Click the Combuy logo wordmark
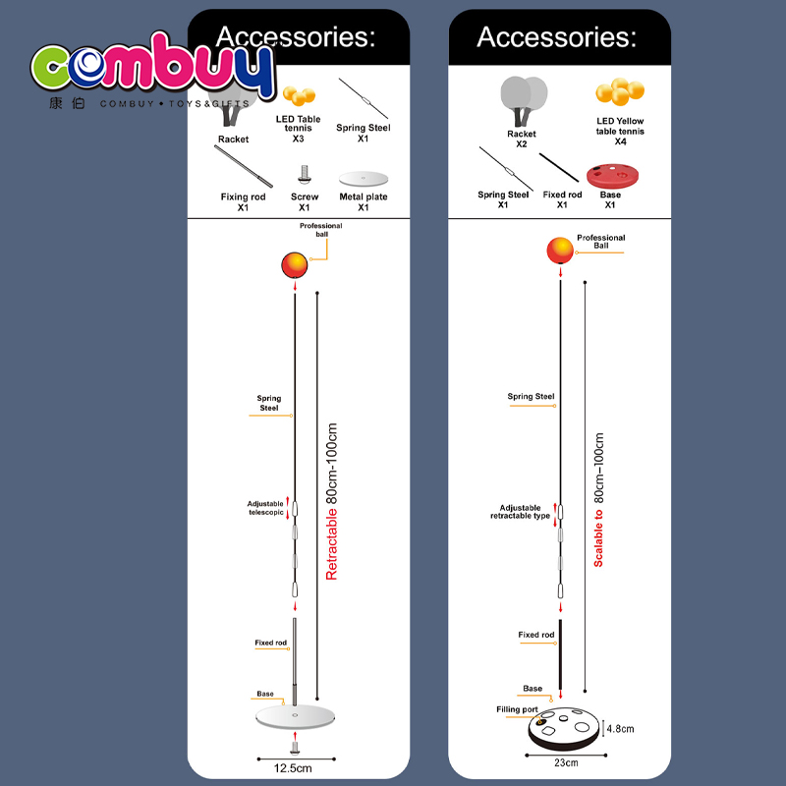pos(153,66)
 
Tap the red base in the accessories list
pos(612,176)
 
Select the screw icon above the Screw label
pos(304,175)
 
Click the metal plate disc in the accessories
pos(364,179)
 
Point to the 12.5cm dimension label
pos(293,768)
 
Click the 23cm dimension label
pos(566,763)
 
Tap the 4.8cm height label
pos(621,729)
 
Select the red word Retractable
pos(331,545)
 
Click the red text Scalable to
pos(598,538)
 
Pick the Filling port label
pos(517,709)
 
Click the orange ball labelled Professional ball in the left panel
pos(294,265)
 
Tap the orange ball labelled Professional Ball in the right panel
pos(560,251)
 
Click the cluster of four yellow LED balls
pos(620,91)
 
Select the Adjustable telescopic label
pos(265,508)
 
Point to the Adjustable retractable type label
pos(521,512)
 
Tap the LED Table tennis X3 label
pos(298,129)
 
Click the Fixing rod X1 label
pos(243,202)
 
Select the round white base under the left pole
pos(295,717)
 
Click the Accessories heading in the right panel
pos(556,37)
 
